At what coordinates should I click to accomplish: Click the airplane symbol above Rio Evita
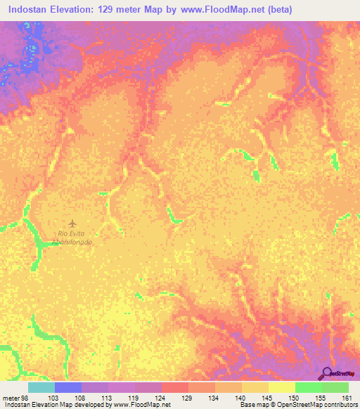coord(72,223)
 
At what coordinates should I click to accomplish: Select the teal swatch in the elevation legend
coord(41,387)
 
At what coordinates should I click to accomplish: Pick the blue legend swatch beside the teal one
coord(68,387)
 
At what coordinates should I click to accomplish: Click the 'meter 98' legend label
coord(15,398)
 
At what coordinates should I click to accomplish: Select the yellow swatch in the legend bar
coord(281,387)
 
